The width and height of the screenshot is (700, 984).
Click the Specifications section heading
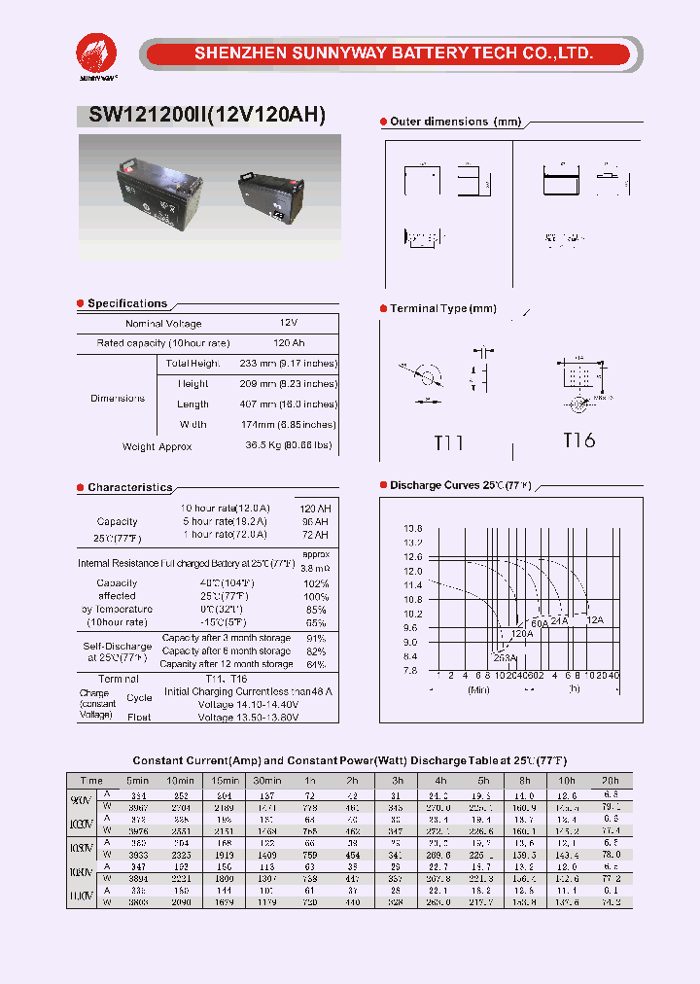point(127,303)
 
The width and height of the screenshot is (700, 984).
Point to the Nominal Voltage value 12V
point(289,323)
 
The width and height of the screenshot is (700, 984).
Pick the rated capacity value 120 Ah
point(289,343)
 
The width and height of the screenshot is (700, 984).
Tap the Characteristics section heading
point(129,487)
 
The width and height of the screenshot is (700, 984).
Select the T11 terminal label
point(448,442)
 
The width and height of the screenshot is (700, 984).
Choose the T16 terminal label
point(578,440)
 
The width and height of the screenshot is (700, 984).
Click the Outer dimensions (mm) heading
point(455,122)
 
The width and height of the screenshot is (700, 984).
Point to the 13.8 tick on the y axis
point(412,528)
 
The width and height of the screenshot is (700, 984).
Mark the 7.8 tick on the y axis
point(412,671)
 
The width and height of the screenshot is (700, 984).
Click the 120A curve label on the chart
point(521,633)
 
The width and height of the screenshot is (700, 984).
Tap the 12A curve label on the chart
point(595,619)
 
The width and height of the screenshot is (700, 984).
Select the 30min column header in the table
point(266,781)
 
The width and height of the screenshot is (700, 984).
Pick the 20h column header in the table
point(610,781)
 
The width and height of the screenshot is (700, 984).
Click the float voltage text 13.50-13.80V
point(248,717)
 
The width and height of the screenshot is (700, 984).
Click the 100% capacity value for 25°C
point(316,596)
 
